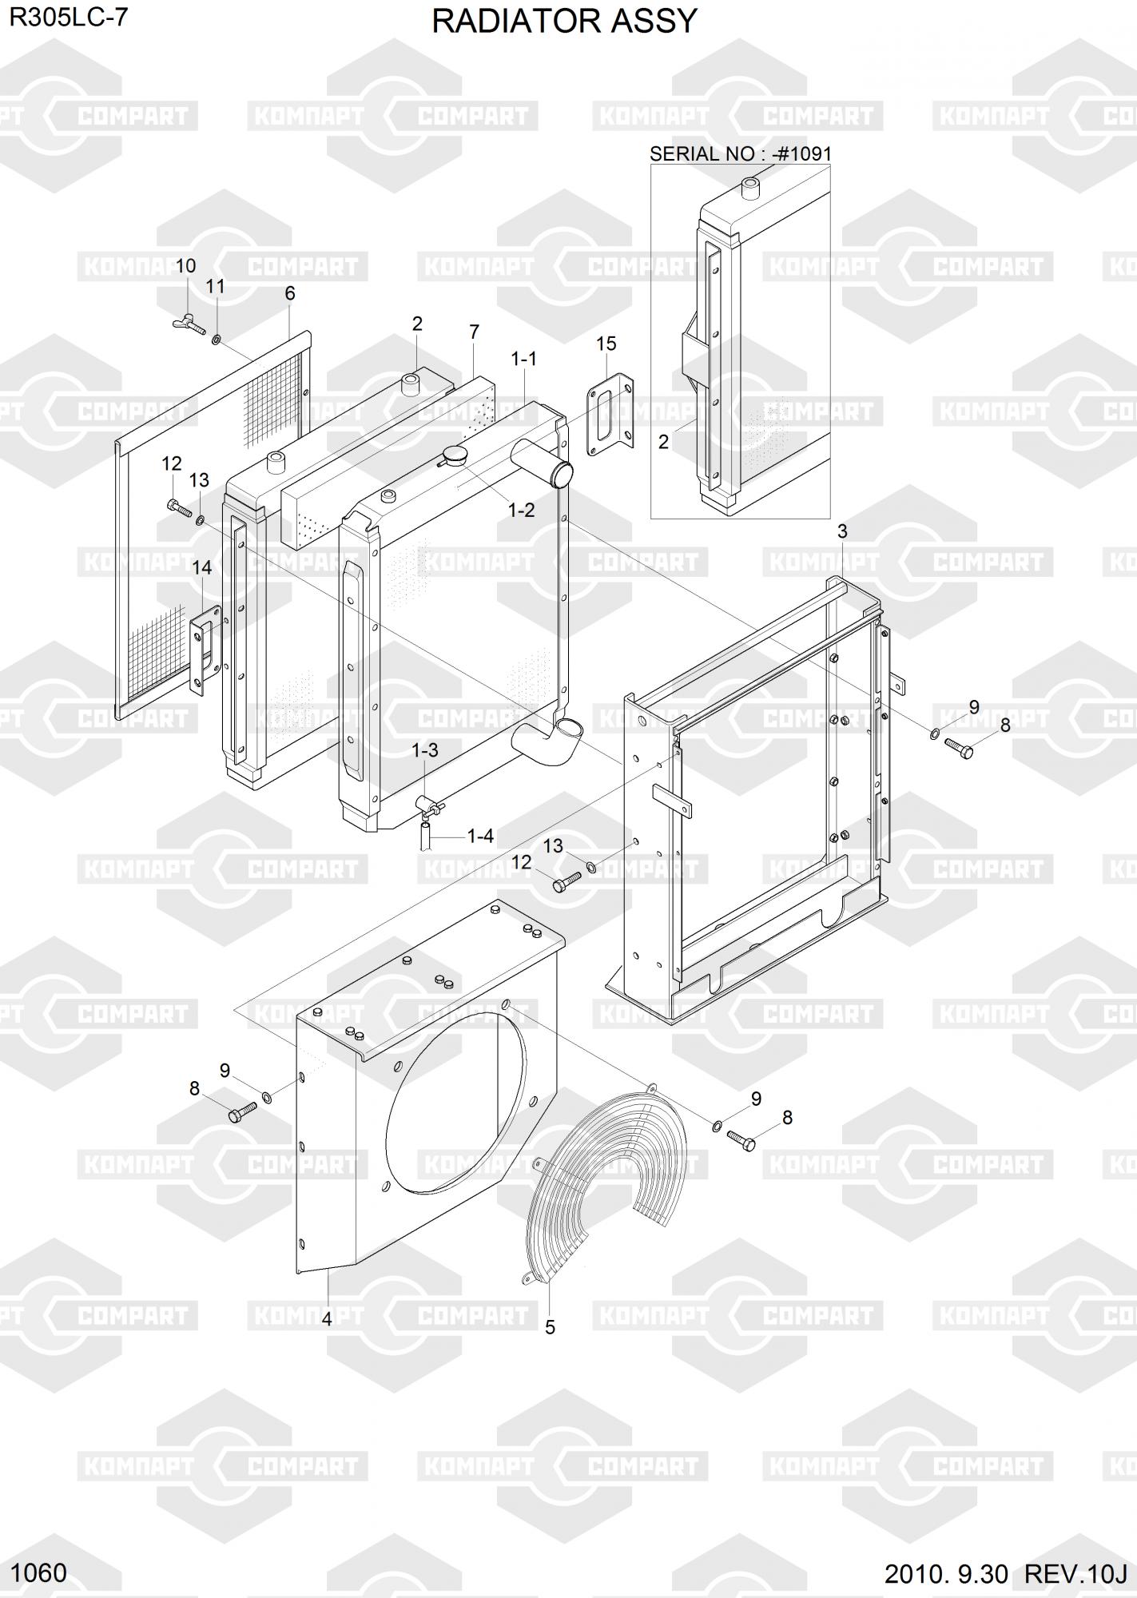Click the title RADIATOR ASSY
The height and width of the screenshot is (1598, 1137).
(x=564, y=21)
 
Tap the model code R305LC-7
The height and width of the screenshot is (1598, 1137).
(x=68, y=18)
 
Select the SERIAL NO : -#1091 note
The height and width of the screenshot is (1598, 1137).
(x=741, y=153)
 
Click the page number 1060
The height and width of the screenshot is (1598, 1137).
(x=40, y=1573)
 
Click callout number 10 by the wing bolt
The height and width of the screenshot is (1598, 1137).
(x=185, y=266)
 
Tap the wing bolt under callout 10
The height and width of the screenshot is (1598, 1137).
(x=189, y=324)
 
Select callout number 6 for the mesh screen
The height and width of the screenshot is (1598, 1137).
(x=290, y=293)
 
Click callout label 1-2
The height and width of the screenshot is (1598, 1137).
(x=522, y=510)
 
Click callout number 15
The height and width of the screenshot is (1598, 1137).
(x=606, y=344)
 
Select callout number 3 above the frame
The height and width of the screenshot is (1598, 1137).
(x=842, y=531)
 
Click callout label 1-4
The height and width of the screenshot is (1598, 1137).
(x=480, y=836)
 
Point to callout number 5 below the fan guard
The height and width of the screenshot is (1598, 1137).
(x=550, y=1327)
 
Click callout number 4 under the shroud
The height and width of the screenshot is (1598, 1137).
(x=327, y=1319)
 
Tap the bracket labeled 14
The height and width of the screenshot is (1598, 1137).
(x=205, y=649)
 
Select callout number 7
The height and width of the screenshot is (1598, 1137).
(x=475, y=332)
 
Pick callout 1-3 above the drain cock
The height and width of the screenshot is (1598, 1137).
(x=425, y=750)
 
